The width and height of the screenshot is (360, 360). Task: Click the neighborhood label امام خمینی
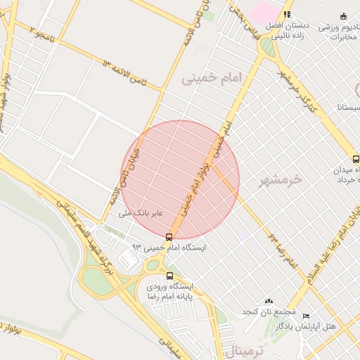tap(212, 77)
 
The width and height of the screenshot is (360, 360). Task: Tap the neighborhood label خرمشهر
tap(280, 180)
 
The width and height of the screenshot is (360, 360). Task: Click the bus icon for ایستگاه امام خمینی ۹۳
tap(169, 237)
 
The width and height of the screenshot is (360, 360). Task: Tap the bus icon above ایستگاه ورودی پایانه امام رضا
tap(169, 275)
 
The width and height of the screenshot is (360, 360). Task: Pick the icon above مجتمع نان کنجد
tap(268, 301)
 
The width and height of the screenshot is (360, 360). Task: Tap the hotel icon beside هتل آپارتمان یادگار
tap(305, 316)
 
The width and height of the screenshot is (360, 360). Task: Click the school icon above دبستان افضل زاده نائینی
tap(286, 14)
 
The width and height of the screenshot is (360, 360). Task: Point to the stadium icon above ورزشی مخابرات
tap(343, 16)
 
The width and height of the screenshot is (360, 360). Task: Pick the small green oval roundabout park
tap(267, 46)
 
